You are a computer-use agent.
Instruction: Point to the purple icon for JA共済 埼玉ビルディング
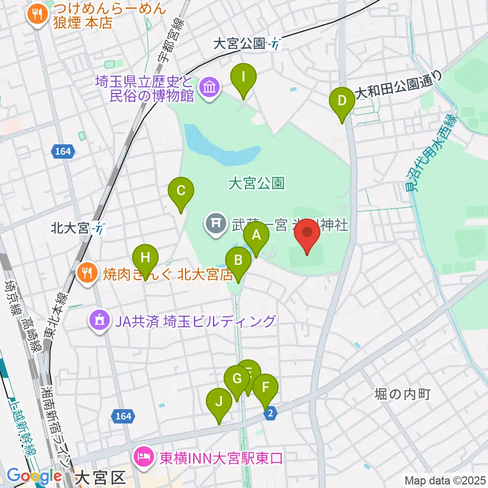99,321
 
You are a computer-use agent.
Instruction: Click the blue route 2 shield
271,415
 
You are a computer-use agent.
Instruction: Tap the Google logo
34,476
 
